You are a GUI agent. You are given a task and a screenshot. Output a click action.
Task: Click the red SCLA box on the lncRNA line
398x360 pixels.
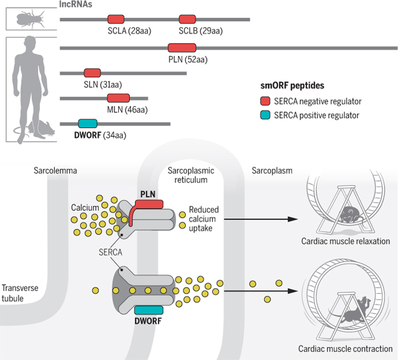pos(116,19)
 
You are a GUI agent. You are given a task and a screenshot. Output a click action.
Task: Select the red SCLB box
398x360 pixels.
pos(188,19)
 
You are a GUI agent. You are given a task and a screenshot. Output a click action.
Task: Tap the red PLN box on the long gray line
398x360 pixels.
pos(178,48)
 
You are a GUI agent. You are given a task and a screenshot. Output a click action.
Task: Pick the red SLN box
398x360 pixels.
pos(92,73)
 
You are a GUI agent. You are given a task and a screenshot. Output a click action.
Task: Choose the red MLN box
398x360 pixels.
pos(118,98)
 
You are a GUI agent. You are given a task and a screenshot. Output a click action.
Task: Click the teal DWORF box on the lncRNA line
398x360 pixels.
pos(87,123)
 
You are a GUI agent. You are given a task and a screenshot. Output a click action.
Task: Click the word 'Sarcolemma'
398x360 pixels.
pos(55,171)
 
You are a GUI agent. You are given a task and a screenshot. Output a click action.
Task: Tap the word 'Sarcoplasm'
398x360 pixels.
pos(271,171)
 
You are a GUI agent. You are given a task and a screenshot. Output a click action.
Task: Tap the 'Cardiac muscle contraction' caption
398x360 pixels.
pos(344,349)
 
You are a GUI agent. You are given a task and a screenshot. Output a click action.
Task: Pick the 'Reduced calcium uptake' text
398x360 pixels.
pos(203,219)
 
